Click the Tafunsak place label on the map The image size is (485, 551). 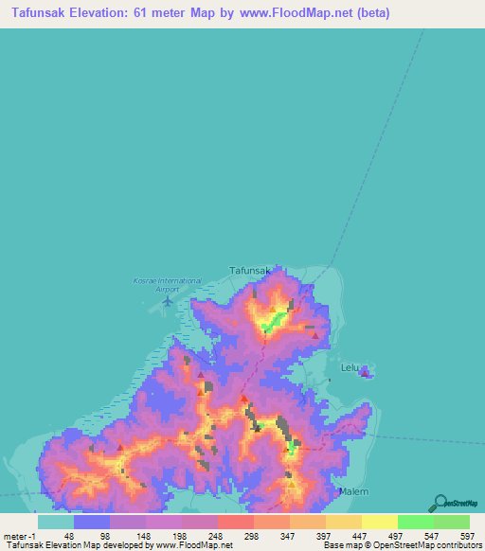(251, 271)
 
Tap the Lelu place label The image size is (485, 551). (350, 365)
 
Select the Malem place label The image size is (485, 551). (353, 491)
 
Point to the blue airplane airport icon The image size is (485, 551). (169, 301)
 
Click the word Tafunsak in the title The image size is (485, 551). (46, 13)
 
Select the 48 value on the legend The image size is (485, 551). (67, 535)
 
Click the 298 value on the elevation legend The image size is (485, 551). (252, 535)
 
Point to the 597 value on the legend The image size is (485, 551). (466, 535)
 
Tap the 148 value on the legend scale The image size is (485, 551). (141, 535)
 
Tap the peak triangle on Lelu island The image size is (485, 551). (365, 373)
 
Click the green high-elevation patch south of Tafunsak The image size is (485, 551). (274, 324)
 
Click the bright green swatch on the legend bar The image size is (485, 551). (415, 522)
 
